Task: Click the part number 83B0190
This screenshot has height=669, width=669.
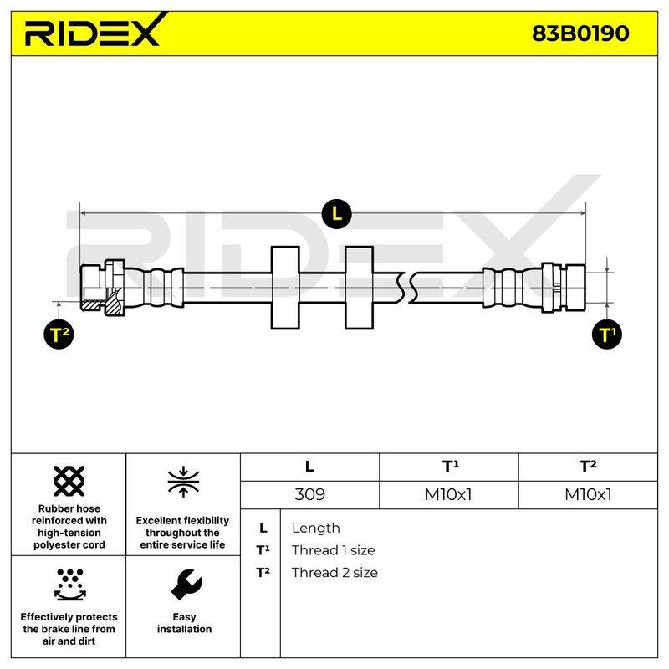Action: pos(580,33)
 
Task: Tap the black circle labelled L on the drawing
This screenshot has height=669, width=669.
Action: pos(337,213)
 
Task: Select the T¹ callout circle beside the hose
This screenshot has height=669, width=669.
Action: pos(607,334)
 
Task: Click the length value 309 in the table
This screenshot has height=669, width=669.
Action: pos(309,494)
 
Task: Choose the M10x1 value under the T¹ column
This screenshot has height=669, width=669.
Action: pos(448,494)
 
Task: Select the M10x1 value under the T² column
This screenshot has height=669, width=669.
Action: pos(588,494)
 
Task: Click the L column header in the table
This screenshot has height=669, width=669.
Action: pos(309,467)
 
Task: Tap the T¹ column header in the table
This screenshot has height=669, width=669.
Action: pos(451,467)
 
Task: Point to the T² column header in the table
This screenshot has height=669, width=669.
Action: pos(588,467)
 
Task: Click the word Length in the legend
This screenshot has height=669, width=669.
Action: pos(316,529)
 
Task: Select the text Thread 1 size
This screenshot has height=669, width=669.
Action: pos(333,550)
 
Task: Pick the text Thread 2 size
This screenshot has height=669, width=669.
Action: pos(334,573)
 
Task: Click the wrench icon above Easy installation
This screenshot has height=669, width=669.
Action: pos(186,584)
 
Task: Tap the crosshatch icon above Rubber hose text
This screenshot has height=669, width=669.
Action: pos(69,481)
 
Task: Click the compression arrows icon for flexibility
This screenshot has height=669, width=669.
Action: pos(183,482)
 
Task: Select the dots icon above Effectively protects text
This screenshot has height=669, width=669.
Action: pos(70,584)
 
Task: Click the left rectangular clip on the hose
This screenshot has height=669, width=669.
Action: pos(285,288)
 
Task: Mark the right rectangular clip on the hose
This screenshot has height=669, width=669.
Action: pos(360,288)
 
